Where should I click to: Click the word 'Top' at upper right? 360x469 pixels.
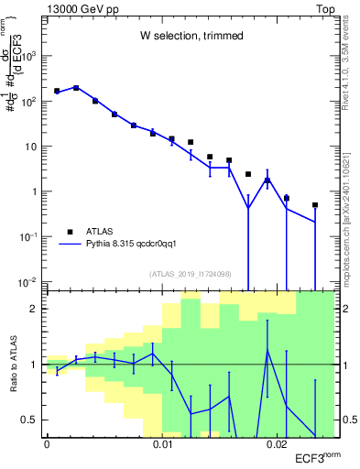326,8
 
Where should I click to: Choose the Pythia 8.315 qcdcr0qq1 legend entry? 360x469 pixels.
128,245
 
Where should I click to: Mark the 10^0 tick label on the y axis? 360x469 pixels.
29,191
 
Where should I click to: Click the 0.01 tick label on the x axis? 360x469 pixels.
163,445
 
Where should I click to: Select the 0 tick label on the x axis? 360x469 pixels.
47,445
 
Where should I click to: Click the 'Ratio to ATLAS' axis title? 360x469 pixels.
13,365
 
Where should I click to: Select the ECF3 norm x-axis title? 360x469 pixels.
310,457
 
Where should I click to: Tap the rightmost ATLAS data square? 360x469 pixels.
315,205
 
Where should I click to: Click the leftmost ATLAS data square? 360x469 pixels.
57,91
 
